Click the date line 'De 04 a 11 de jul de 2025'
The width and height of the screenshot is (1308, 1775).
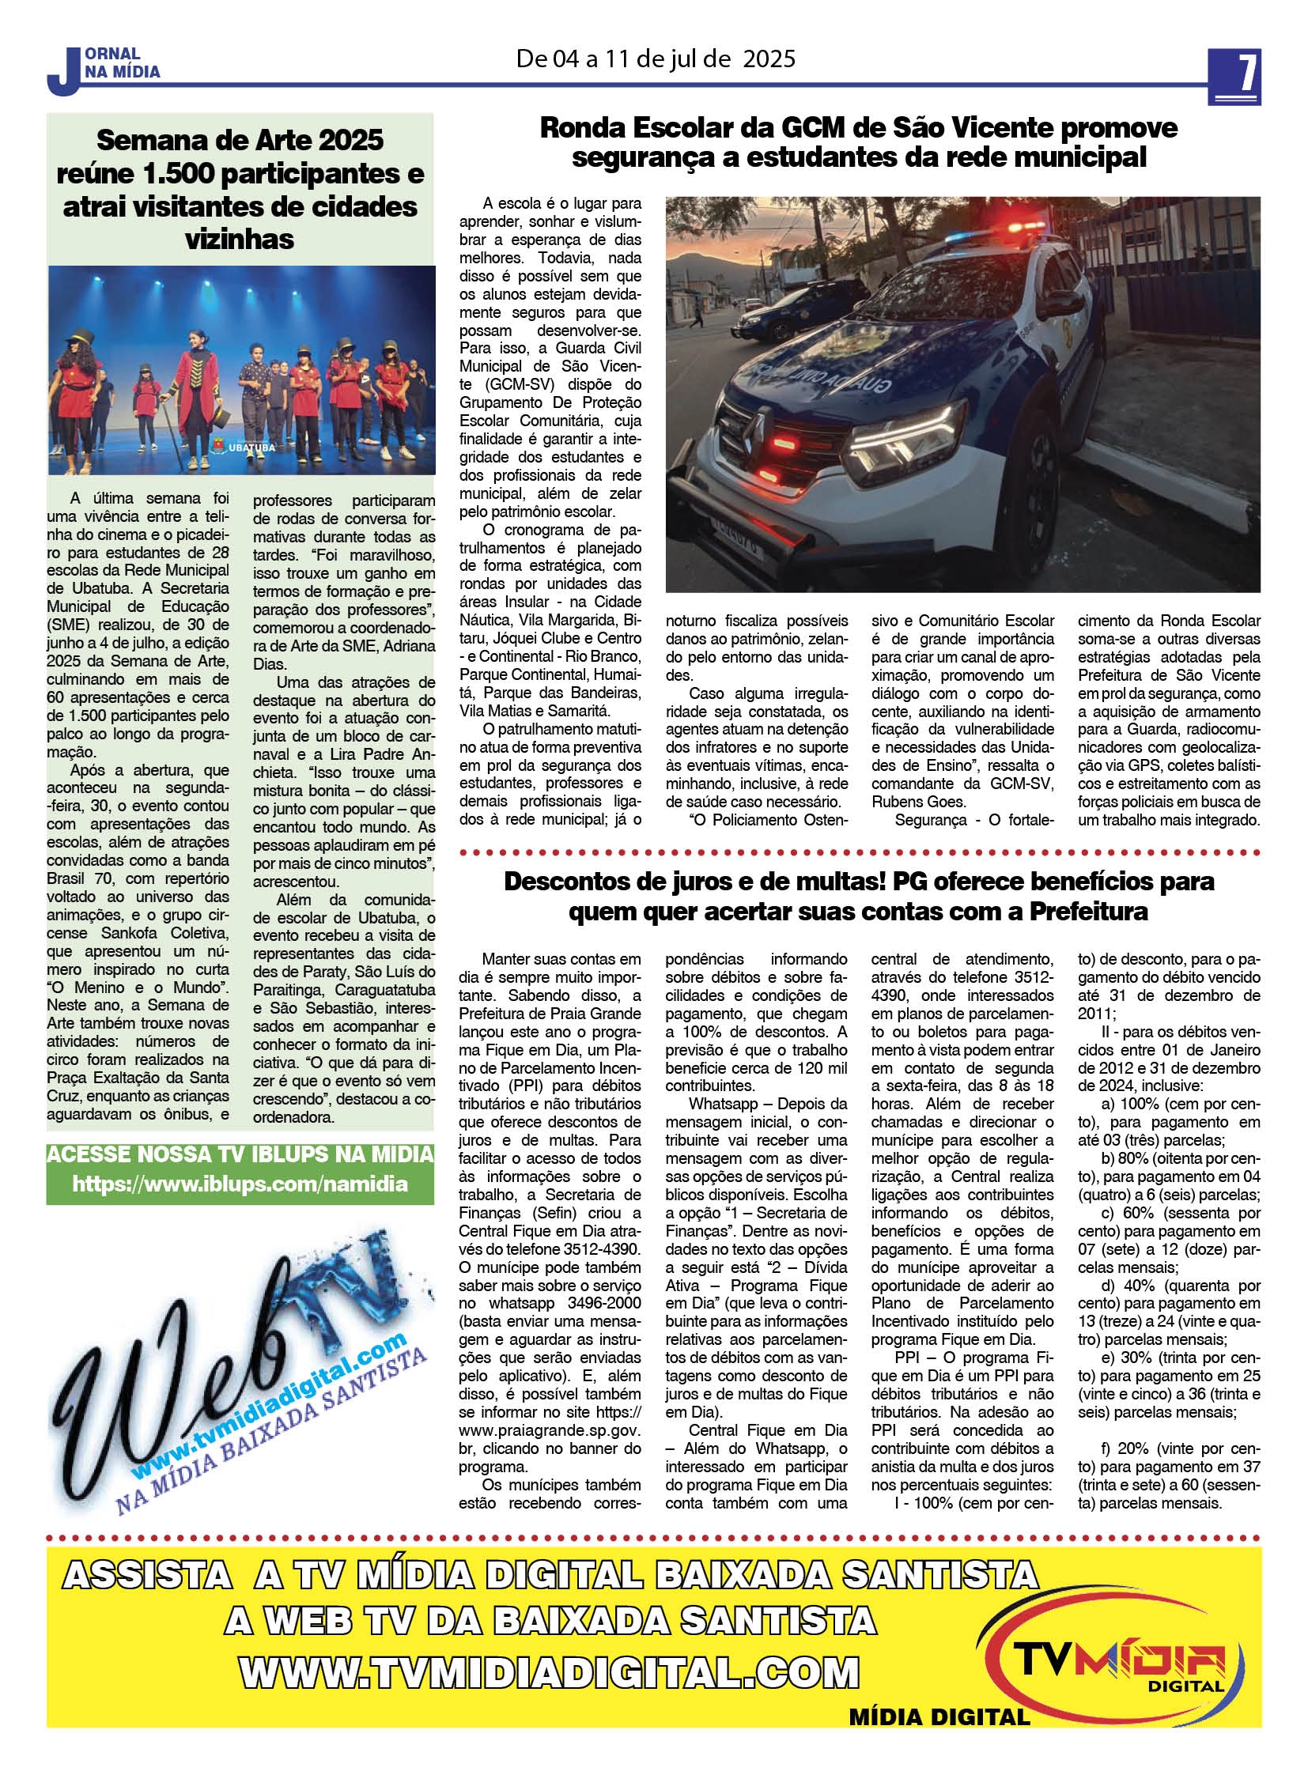point(656,59)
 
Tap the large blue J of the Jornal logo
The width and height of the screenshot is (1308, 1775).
point(62,73)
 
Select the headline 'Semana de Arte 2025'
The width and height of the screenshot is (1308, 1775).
point(240,140)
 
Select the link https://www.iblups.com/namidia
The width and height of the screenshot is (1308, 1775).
point(240,1184)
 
